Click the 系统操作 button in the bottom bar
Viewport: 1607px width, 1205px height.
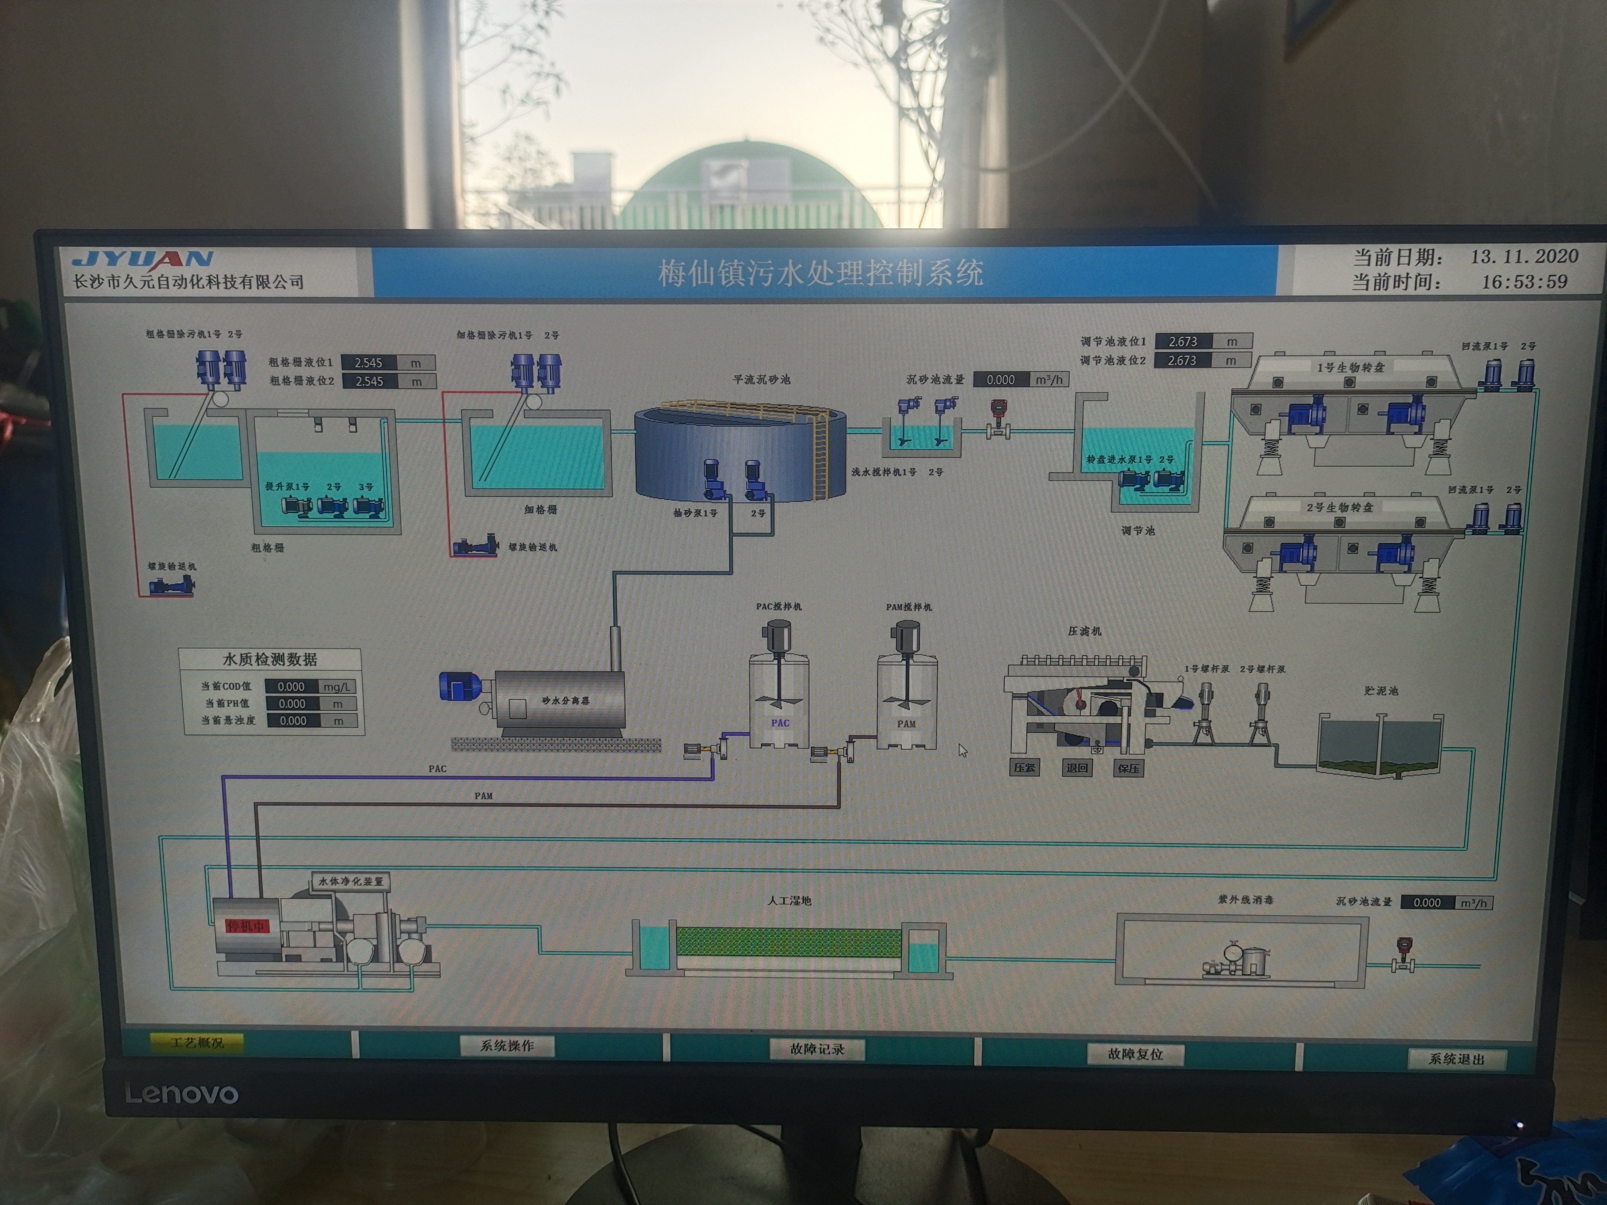coord(507,1046)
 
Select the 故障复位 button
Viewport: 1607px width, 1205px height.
coord(1135,1054)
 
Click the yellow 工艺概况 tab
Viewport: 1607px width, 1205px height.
coord(197,1042)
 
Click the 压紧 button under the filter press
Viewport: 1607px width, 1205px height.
coord(1024,768)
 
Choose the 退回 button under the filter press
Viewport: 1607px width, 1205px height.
coord(1077,768)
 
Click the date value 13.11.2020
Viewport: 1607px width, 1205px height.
coord(1524,256)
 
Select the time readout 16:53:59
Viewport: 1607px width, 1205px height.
coord(1524,282)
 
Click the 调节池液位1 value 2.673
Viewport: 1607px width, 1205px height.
coord(1183,341)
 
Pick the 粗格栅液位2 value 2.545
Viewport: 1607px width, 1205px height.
coord(369,381)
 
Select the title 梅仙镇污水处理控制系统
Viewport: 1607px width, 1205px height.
coord(821,272)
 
